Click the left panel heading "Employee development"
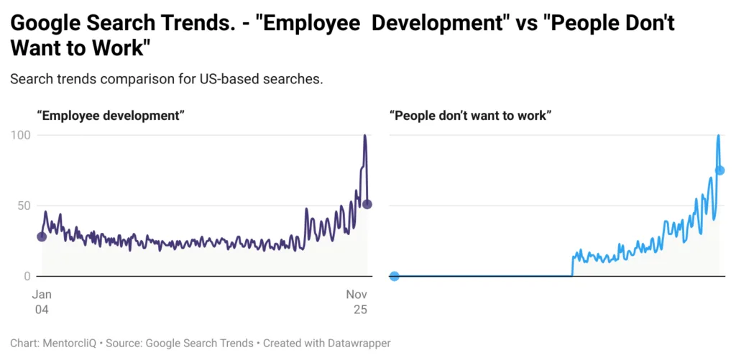coord(111,115)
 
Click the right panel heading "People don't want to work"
coord(470,115)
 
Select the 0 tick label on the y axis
coord(27,276)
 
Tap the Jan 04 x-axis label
coord(42,302)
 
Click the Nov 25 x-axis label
coord(357,302)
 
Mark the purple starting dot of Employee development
coord(42,236)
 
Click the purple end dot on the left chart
coord(367,204)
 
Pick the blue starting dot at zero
coord(394,276)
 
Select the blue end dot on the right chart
coord(720,170)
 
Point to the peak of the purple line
coord(364,136)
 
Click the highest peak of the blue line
coord(718,136)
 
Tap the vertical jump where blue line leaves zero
coord(572,266)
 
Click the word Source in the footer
coord(124,343)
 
